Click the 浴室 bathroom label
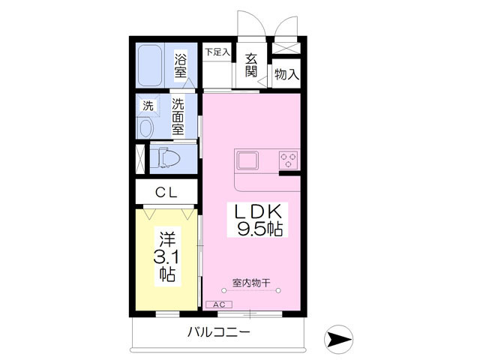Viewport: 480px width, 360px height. [181, 65]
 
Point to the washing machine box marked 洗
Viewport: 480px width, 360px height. [148, 106]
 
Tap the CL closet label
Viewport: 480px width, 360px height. [166, 193]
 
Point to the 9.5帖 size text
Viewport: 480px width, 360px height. [259, 229]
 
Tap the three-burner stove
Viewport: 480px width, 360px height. [289, 159]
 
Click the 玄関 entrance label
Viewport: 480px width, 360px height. [250, 66]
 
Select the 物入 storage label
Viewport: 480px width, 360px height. [286, 74]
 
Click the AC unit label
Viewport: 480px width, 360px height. [219, 304]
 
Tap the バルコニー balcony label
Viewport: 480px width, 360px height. [218, 332]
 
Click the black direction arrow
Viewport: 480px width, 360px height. [340, 340]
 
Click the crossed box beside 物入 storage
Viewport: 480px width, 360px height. [286, 46]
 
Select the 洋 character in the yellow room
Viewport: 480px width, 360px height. [166, 239]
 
